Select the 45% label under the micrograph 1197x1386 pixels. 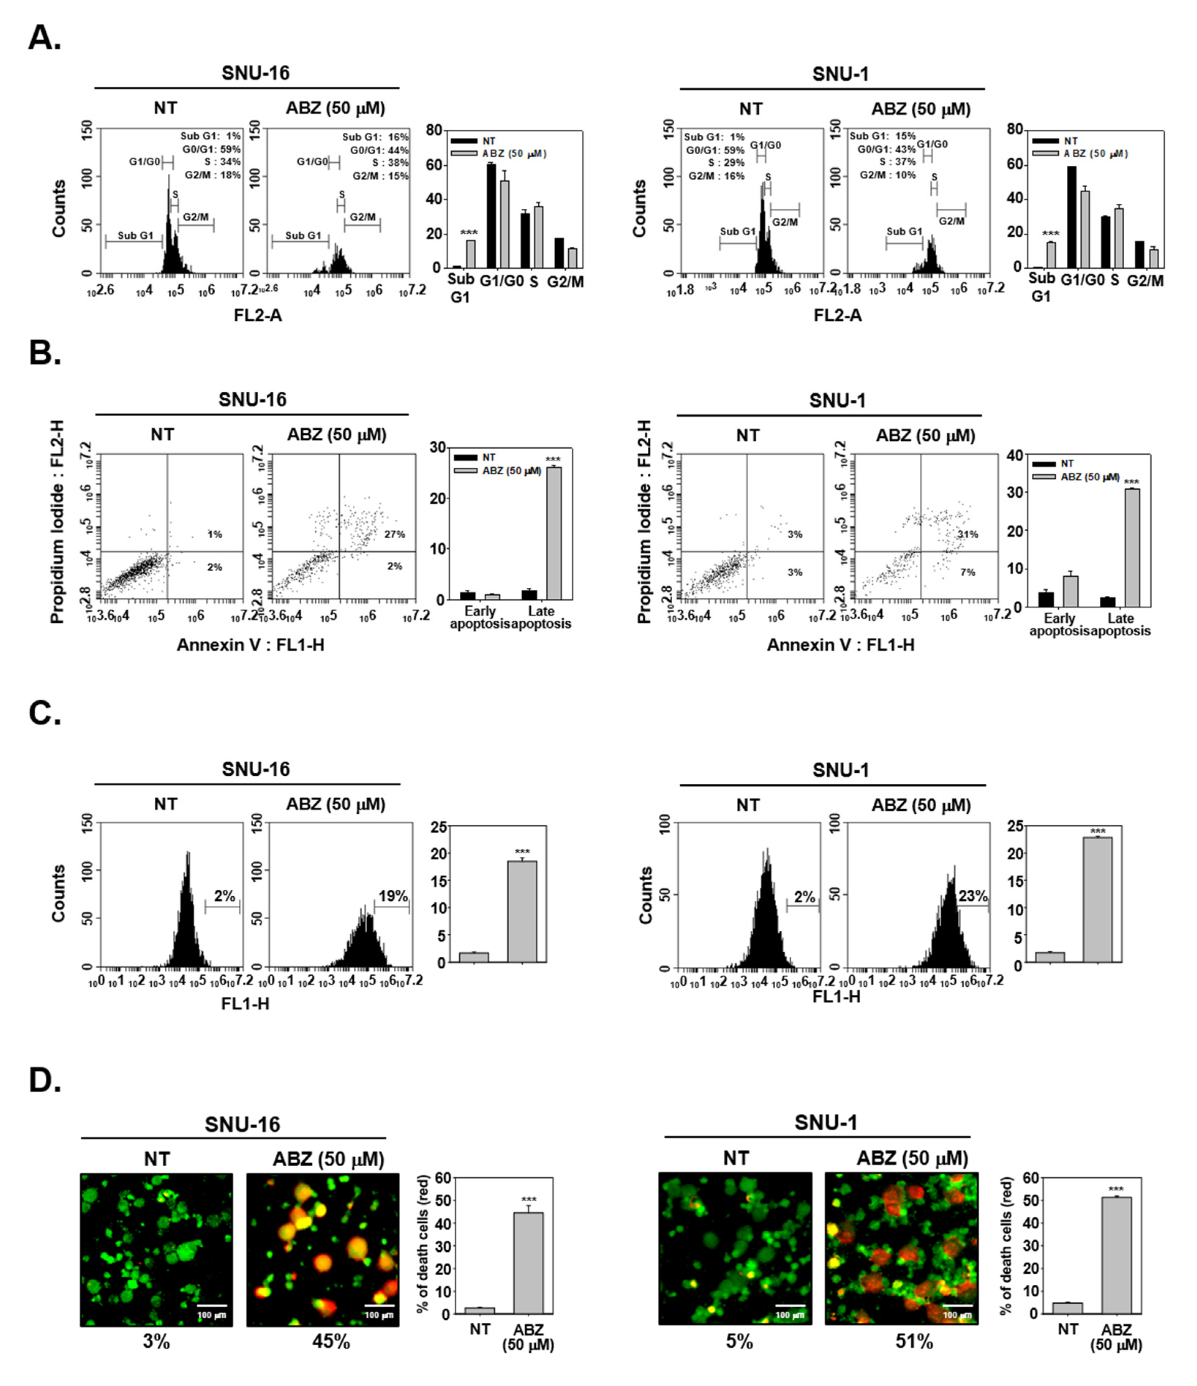tap(331, 1341)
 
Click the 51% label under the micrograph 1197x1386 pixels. tap(914, 1341)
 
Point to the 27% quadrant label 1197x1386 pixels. tap(395, 534)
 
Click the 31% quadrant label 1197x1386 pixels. tap(967, 534)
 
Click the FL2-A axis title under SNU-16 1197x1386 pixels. tap(257, 315)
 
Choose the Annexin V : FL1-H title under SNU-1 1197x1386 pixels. tap(840, 645)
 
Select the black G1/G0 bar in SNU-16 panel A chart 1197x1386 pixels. tap(491, 215)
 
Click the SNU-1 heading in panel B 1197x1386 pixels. tap(837, 401)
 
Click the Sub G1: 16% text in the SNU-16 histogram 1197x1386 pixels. tap(375, 136)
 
